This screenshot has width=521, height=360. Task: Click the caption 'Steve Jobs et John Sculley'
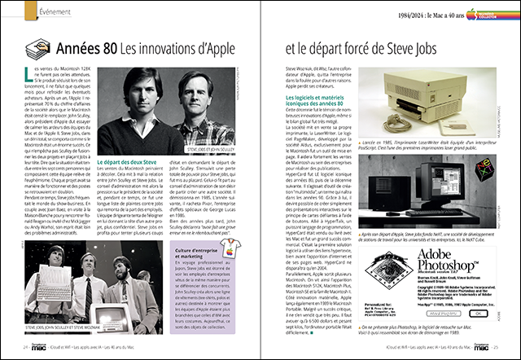227,171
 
